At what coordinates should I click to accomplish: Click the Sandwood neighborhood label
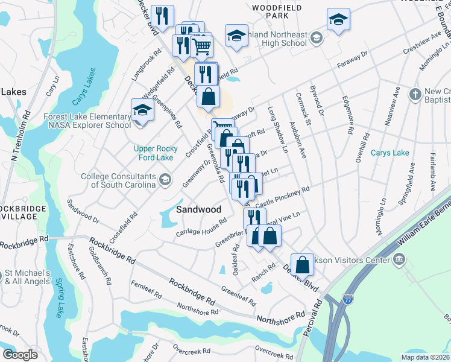click(198, 209)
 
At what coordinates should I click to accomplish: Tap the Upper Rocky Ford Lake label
click(156, 153)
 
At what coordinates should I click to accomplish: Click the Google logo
click(20, 355)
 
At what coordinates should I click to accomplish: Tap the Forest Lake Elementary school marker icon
click(142, 111)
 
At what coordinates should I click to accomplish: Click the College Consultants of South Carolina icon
click(164, 179)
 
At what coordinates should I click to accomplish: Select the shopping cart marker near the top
click(201, 45)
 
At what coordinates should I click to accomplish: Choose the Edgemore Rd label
click(347, 114)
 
